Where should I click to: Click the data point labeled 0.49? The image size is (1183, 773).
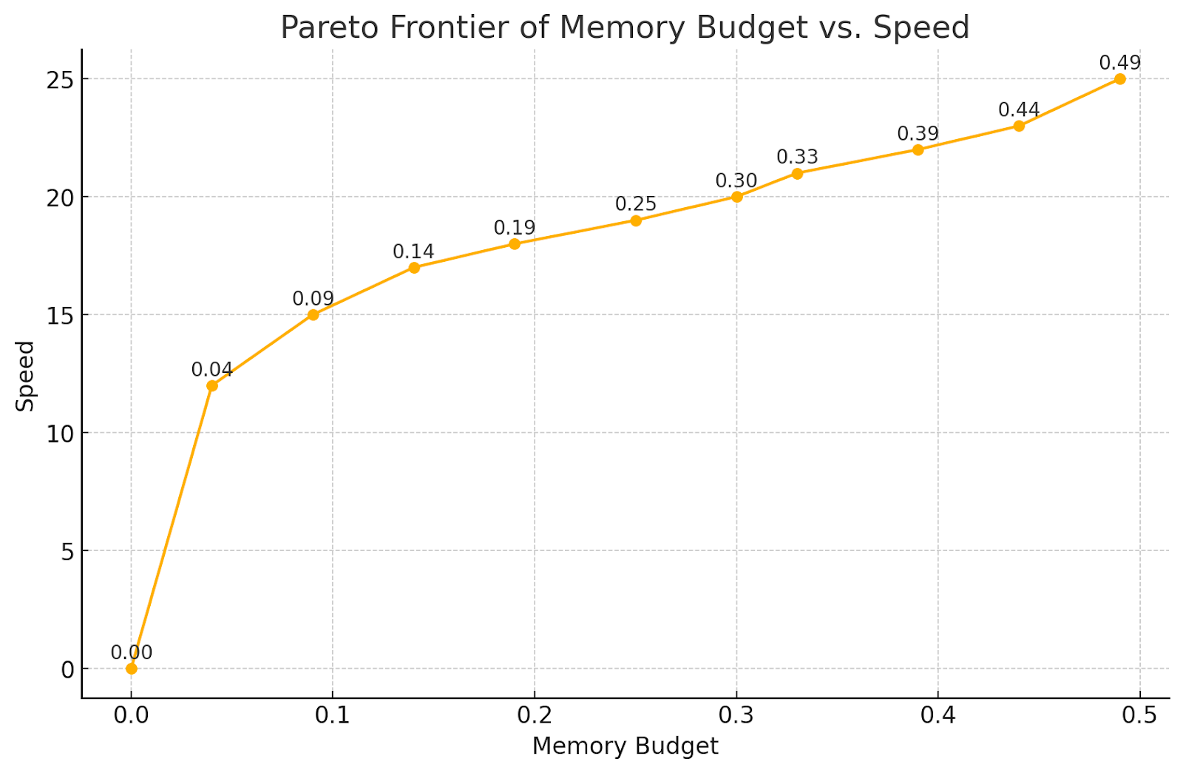click(1119, 79)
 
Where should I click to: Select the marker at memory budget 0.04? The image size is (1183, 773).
click(212, 385)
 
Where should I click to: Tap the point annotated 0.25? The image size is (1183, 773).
click(636, 220)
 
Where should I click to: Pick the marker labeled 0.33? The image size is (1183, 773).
click(797, 174)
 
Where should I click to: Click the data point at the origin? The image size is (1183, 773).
click(132, 669)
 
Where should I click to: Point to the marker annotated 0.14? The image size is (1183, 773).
click(414, 268)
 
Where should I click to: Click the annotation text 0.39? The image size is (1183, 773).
click(918, 134)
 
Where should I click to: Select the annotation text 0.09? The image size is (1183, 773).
click(313, 299)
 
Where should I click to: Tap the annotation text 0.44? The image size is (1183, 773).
click(1019, 110)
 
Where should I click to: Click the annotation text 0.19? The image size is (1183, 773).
click(515, 228)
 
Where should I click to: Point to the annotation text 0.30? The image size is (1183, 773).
click(736, 181)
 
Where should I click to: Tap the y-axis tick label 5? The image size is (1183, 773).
click(67, 551)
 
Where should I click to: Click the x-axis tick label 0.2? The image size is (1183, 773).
click(535, 715)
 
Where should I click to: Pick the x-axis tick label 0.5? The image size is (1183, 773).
click(1140, 715)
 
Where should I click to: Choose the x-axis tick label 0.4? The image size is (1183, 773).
click(938, 715)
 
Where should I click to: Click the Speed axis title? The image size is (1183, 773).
click(26, 376)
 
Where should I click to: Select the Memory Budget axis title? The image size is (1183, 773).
click(625, 746)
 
